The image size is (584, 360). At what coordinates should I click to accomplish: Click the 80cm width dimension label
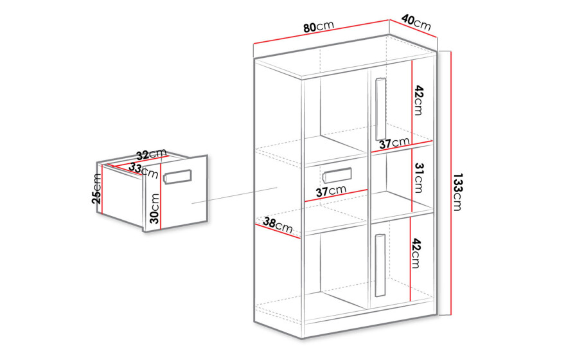pos(319,26)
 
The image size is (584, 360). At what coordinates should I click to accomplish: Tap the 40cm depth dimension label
pos(416,22)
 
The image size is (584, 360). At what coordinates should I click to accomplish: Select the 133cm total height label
pos(457,192)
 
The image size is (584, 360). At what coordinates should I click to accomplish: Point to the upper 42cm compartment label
pos(419,100)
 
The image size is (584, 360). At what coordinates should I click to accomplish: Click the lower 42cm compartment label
pos(416,254)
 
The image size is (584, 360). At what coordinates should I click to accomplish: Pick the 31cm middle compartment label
pos(419,178)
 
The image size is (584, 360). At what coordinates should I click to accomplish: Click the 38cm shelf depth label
pos(278,225)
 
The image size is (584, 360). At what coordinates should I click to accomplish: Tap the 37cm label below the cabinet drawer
pos(331,191)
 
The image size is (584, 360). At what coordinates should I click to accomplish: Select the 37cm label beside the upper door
pos(394,143)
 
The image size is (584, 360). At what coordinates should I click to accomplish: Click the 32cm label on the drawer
pos(151,154)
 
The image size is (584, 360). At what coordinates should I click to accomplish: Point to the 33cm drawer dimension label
pos(144,170)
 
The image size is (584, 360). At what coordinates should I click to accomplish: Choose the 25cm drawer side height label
pos(96,188)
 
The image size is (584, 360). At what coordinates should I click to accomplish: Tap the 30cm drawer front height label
pos(155,208)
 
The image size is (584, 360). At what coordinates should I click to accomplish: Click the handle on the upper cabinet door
pos(380,109)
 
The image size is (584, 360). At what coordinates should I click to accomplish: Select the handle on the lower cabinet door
pos(380,265)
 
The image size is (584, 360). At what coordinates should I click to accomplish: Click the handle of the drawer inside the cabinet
pos(337,175)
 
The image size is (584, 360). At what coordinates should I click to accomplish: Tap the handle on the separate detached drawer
pos(177,177)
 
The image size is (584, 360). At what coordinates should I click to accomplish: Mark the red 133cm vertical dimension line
pos(451,183)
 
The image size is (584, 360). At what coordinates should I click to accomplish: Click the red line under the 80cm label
pos(321,32)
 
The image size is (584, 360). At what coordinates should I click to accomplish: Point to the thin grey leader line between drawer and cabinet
pos(234,195)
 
